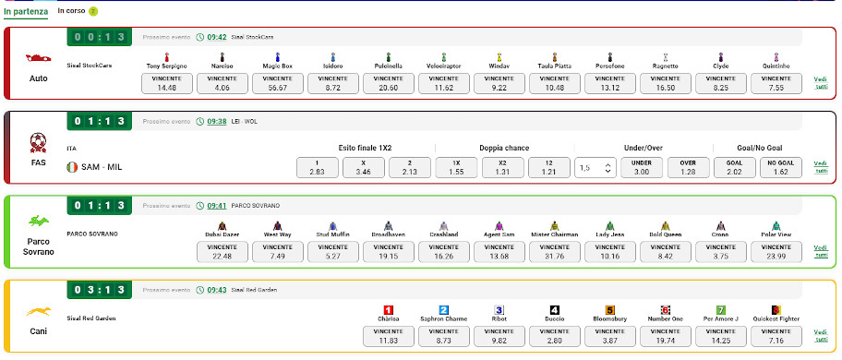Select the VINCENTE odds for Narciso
223,83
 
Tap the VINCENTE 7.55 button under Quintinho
776,83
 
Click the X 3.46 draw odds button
364,167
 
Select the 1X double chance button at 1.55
455,167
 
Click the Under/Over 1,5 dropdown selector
594,167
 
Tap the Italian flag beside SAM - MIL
72,167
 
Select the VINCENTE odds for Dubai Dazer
223,251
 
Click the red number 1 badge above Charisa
389,310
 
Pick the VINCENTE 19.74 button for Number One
666,335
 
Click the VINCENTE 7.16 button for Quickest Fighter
776,335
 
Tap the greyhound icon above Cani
39,311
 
